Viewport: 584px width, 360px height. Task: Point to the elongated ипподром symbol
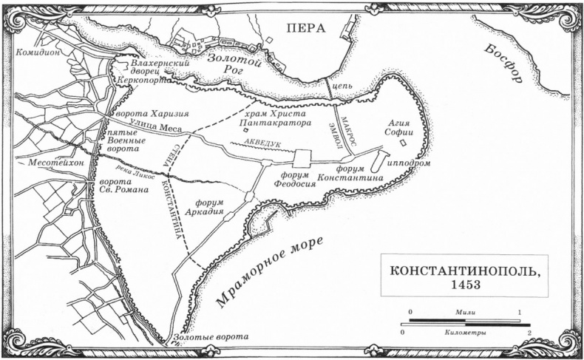point(379,159)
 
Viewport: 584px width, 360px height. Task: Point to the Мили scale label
point(466,313)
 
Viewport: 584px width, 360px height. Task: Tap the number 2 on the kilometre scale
point(529,333)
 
